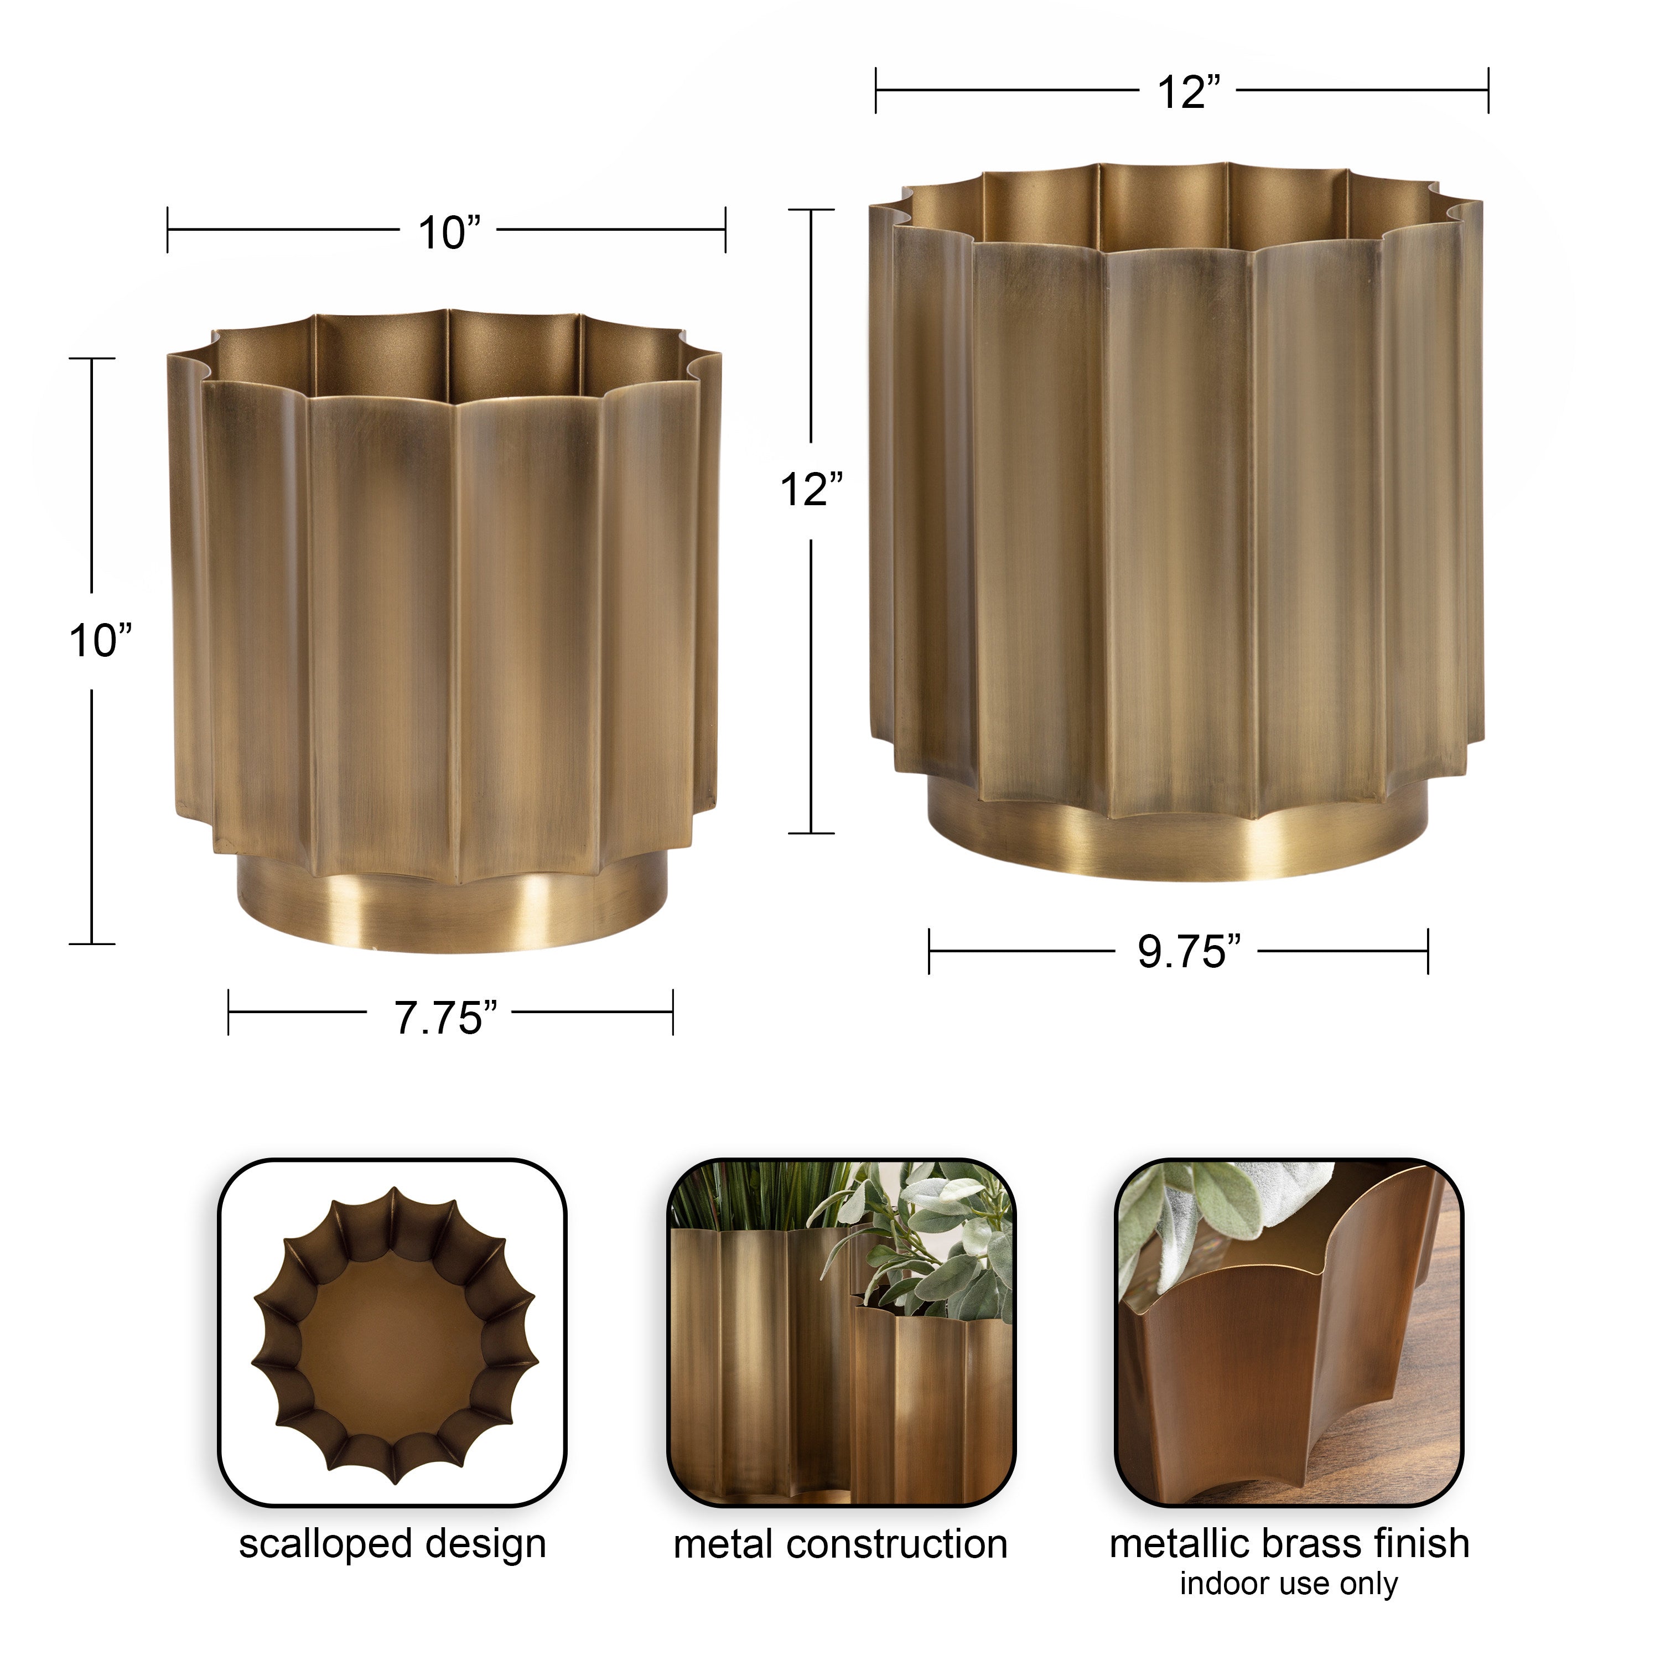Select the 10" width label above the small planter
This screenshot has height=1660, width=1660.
click(x=449, y=233)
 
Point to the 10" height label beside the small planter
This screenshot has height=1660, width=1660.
click(x=101, y=641)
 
